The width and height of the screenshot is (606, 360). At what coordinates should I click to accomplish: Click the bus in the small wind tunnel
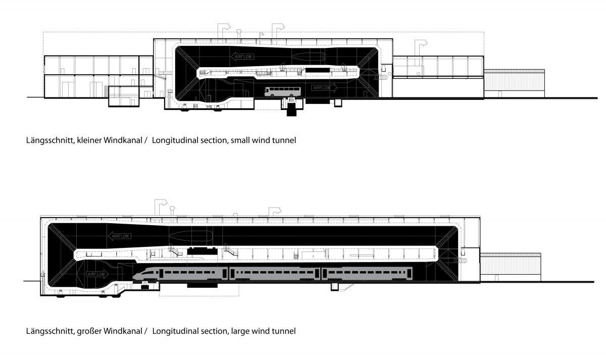283,92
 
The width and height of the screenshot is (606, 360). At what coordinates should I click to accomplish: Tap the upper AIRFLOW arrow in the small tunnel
243,57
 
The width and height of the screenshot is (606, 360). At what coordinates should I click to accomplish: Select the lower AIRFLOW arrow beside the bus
324,88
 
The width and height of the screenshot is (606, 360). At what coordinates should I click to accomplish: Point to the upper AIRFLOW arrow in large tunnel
120,236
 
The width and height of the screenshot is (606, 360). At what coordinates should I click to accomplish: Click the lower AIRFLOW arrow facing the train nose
97,274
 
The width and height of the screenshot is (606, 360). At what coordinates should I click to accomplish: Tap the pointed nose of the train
133,276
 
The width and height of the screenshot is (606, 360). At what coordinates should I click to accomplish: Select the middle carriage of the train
275,274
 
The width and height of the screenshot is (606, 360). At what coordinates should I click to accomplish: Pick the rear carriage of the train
367,274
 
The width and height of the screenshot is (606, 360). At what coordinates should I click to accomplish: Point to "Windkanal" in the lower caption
123,331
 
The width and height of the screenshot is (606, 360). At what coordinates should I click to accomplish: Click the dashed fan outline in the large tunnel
190,236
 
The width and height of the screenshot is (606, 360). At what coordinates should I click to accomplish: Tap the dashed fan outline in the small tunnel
308,57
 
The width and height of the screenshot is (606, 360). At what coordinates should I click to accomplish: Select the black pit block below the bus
291,110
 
